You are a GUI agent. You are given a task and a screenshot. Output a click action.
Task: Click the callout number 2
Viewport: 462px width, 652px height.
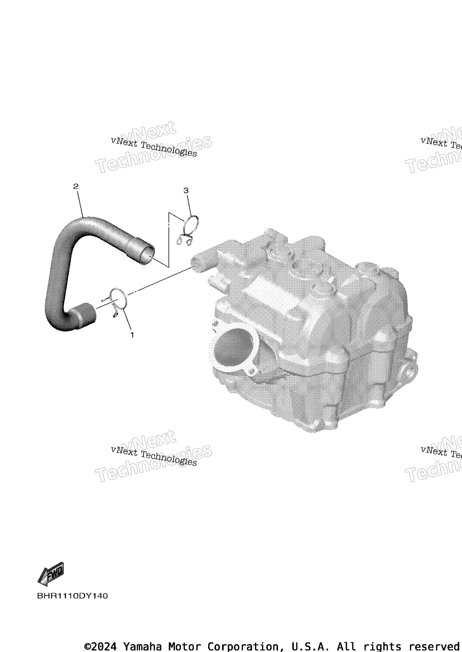coord(76,186)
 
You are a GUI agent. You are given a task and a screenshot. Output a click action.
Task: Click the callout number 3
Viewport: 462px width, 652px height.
coord(186,190)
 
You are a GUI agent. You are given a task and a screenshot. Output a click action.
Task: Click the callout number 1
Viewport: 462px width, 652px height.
coord(132,335)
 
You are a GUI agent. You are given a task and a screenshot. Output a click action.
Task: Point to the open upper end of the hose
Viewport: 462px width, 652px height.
coord(147,254)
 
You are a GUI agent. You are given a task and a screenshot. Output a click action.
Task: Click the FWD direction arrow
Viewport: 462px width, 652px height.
coord(51,574)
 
